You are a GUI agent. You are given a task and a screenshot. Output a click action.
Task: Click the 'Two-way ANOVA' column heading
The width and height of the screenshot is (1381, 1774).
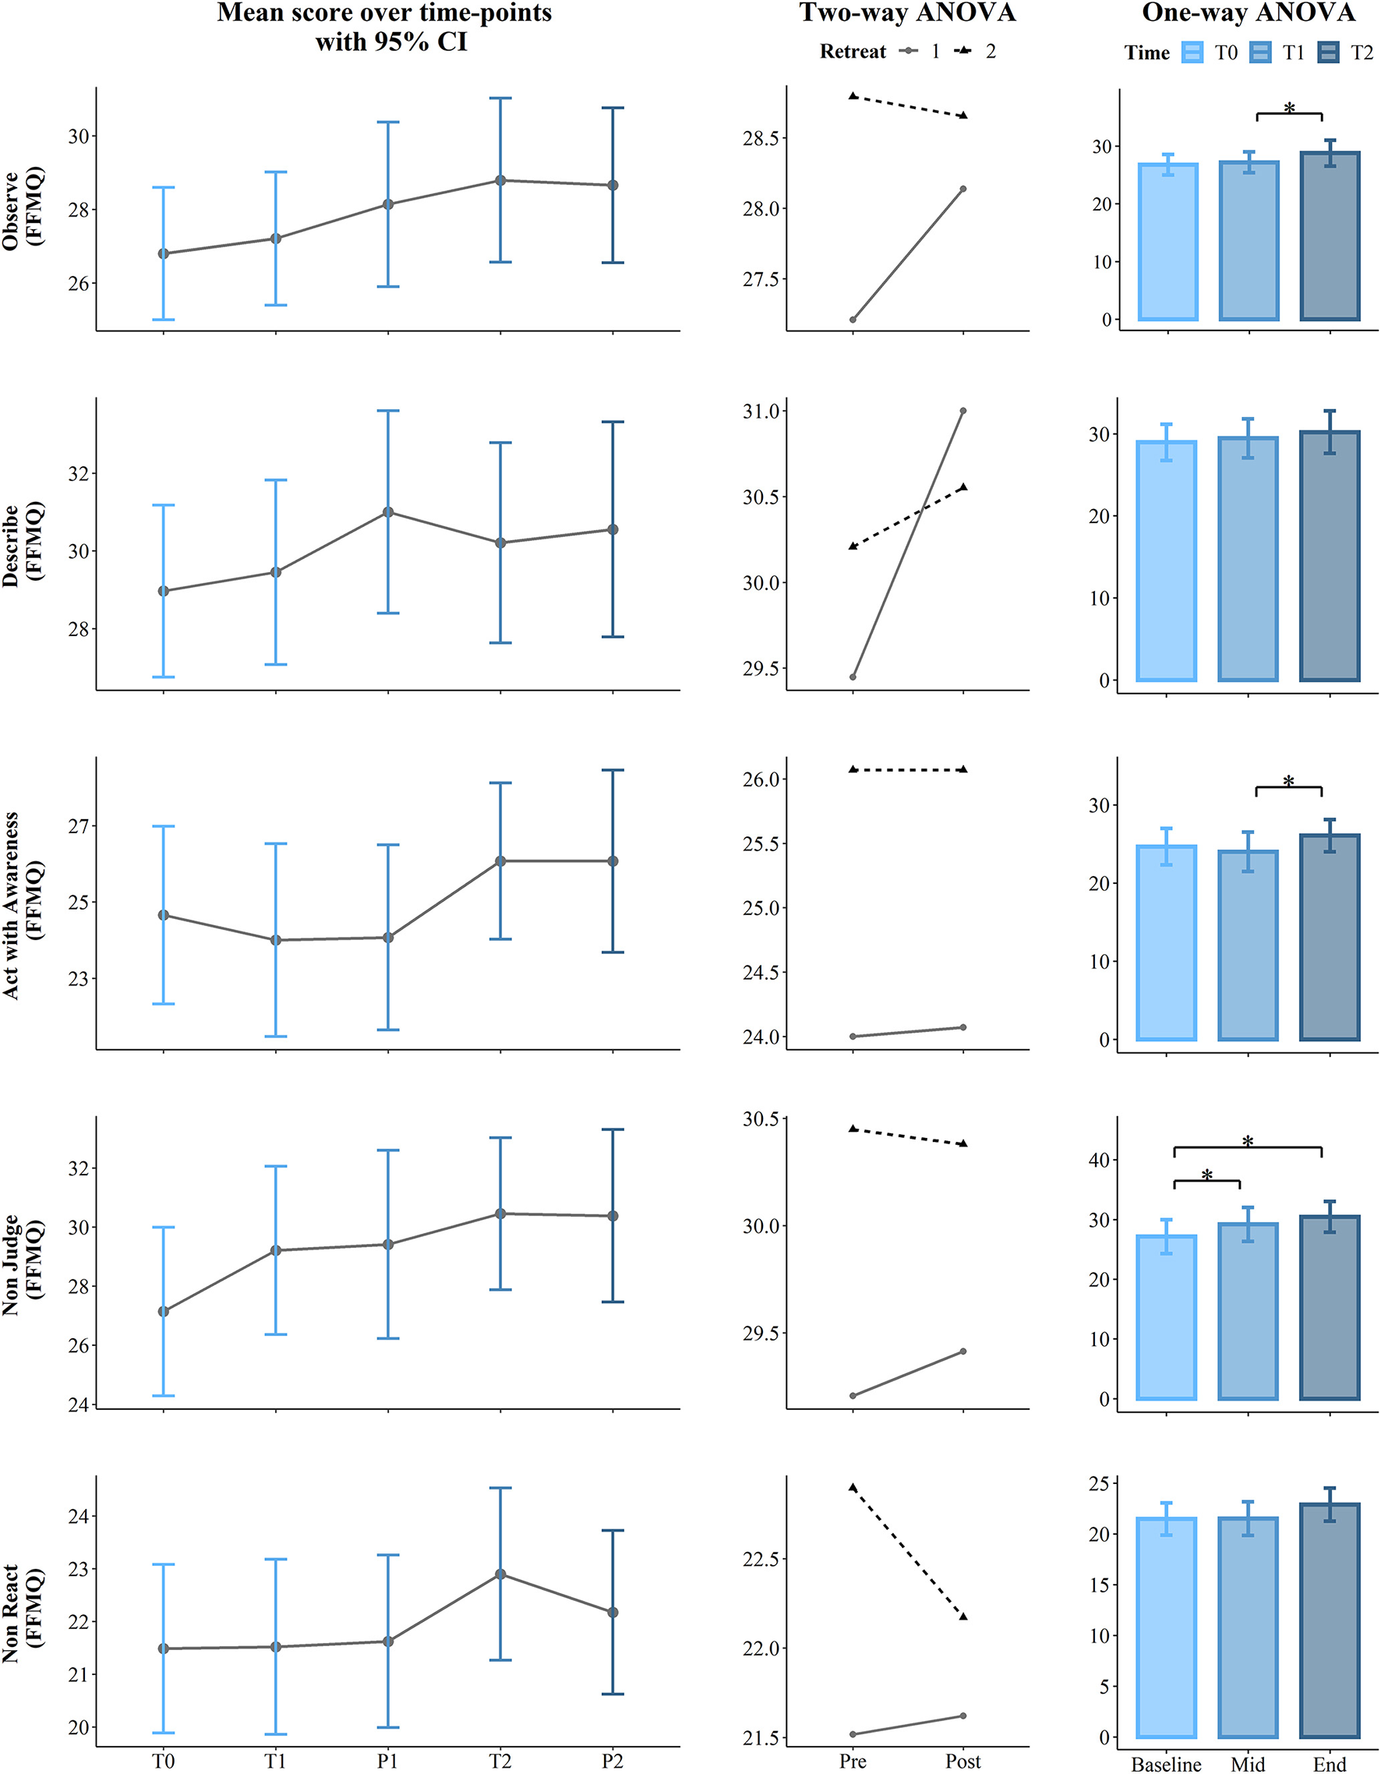point(907,13)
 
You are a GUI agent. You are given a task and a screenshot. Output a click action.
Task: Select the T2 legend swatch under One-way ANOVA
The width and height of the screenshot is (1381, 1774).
point(1330,53)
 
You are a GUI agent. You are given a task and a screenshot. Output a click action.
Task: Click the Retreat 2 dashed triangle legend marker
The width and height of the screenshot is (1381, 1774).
point(963,52)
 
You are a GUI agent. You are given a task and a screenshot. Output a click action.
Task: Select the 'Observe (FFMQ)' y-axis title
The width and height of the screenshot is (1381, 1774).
point(23,208)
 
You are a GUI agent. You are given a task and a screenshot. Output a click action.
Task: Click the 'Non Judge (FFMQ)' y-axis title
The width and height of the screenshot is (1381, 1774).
point(23,1264)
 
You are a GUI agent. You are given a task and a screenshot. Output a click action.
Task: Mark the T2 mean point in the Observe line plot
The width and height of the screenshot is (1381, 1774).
point(500,180)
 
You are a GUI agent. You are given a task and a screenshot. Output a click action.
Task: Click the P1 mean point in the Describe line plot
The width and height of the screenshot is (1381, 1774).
point(388,512)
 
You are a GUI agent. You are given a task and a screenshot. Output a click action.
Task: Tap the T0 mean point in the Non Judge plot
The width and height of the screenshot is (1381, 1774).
point(164,1311)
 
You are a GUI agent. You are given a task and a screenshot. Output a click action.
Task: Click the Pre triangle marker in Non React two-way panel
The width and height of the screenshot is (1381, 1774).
point(852,1487)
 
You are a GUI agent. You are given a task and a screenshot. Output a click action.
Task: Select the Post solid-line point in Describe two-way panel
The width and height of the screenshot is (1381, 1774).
point(962,411)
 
